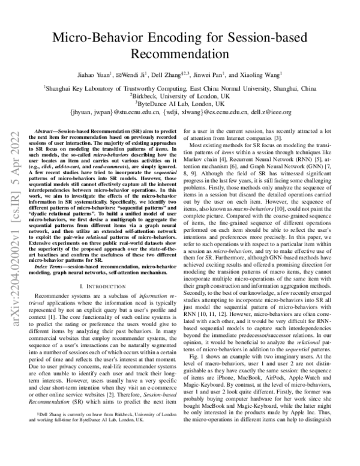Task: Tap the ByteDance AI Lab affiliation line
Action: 180,103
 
